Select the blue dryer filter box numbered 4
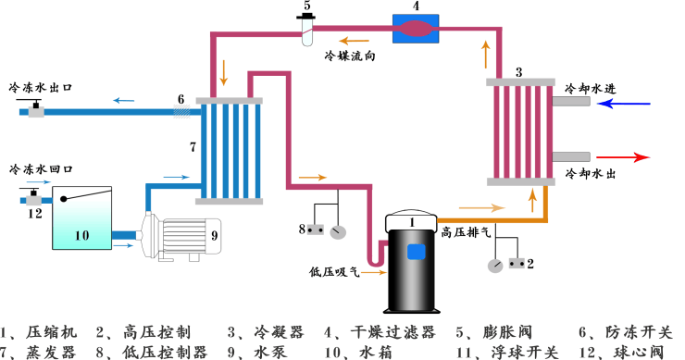pos(419,30)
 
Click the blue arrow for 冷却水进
pos(625,104)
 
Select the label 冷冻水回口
pos(41,170)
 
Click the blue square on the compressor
pos(416,251)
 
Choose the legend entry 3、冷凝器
pos(266,331)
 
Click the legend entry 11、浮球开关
pos(514,352)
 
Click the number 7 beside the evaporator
pos(193,146)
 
